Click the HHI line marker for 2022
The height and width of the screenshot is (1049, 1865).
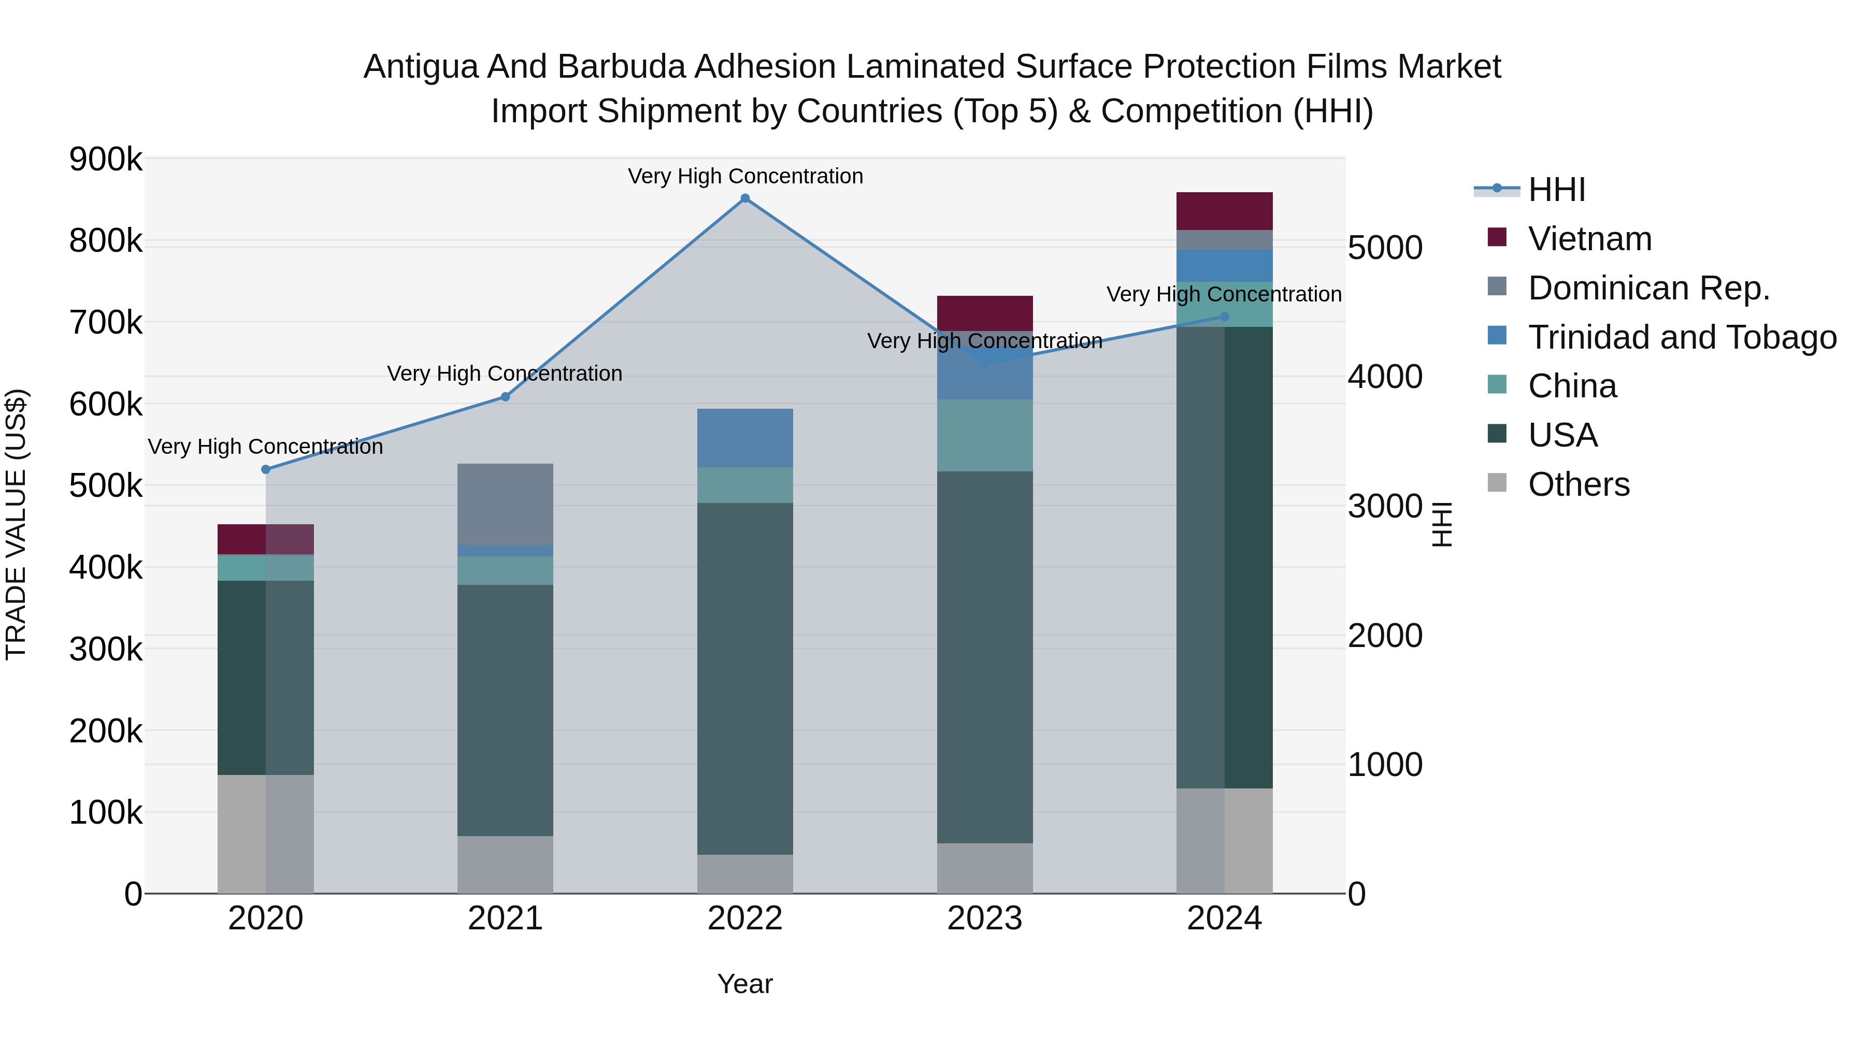tap(745, 198)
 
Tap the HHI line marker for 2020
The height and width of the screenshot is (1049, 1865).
tap(266, 469)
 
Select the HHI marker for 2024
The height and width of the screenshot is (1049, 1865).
tap(1224, 317)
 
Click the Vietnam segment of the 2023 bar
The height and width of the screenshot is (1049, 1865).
tap(985, 313)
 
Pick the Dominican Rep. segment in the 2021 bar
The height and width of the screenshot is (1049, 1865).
tap(505, 504)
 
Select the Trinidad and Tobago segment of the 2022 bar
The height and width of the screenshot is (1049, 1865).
tap(745, 437)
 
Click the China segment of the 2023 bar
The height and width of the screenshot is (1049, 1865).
tap(985, 435)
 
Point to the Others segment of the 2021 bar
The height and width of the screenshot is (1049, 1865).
tap(505, 865)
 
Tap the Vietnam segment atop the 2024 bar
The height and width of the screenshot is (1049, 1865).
tap(1224, 211)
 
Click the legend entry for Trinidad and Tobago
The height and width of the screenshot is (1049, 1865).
tap(1682, 337)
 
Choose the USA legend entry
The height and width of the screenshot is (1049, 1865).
tap(1562, 435)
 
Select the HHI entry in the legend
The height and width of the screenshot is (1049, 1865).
tap(1557, 190)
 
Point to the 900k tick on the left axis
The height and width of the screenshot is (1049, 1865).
tap(106, 159)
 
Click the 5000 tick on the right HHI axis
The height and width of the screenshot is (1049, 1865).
tap(1385, 248)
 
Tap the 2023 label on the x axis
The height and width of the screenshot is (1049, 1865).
tap(985, 918)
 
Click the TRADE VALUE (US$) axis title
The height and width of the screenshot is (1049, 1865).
tap(16, 524)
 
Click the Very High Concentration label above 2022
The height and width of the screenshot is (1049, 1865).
tap(745, 176)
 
